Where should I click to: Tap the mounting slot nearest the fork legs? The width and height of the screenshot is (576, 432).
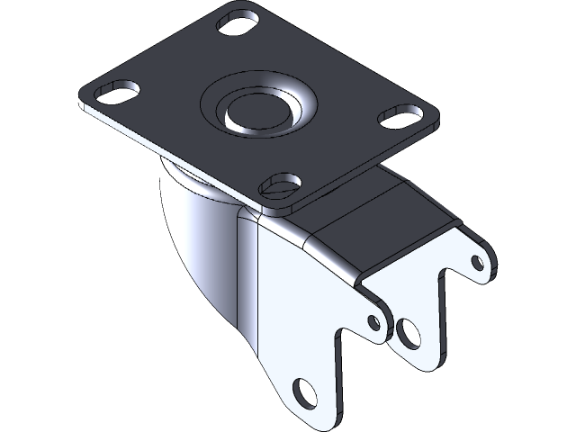coord(280,185)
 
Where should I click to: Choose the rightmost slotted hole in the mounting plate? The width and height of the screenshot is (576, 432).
coord(401,115)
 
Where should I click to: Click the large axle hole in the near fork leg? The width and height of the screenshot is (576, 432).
coord(307,391)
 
